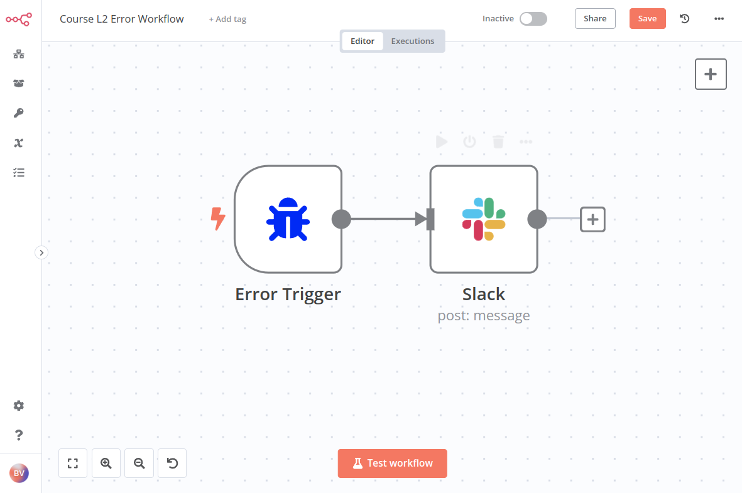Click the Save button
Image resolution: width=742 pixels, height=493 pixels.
pyautogui.click(x=647, y=18)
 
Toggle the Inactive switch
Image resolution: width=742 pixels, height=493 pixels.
pyautogui.click(x=533, y=19)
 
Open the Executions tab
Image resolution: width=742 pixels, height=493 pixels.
pyautogui.click(x=412, y=41)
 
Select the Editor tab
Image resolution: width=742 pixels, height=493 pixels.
pyautogui.click(x=363, y=41)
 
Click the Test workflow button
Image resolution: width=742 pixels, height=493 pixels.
pyautogui.click(x=392, y=463)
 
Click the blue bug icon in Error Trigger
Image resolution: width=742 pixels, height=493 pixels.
pyautogui.click(x=288, y=219)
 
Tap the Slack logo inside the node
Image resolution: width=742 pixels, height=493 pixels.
pyautogui.click(x=484, y=219)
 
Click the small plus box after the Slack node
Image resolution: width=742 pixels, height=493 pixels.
pyautogui.click(x=592, y=219)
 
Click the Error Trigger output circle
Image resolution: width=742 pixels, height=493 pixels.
pyautogui.click(x=341, y=219)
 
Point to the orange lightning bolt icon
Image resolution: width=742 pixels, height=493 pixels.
pyautogui.click(x=217, y=219)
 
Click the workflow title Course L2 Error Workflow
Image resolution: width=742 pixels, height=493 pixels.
pyautogui.click(x=122, y=19)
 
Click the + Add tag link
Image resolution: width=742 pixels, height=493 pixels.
pyautogui.click(x=227, y=19)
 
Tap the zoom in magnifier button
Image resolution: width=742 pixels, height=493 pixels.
pyautogui.click(x=106, y=463)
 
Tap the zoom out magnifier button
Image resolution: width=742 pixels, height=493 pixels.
pyautogui.click(x=139, y=463)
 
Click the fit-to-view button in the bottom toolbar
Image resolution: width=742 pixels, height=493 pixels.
pyautogui.click(x=73, y=463)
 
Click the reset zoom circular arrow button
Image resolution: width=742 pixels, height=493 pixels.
pyautogui.click(x=172, y=463)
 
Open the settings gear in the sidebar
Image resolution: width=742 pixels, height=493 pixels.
pyautogui.click(x=19, y=406)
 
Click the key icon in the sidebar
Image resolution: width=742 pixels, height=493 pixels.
pyautogui.click(x=19, y=113)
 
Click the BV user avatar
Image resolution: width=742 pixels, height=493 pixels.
pyautogui.click(x=19, y=473)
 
